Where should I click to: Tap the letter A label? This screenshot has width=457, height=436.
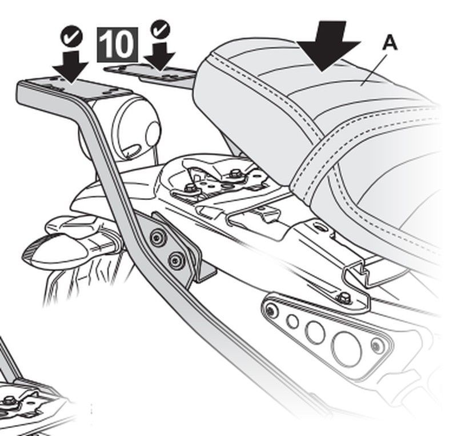[389, 43]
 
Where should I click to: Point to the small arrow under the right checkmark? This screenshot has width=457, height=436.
[160, 56]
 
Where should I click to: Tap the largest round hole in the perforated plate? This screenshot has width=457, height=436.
[348, 344]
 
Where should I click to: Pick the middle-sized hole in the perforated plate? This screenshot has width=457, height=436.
[315, 331]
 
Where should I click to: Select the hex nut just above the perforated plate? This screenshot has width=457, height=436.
[343, 297]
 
